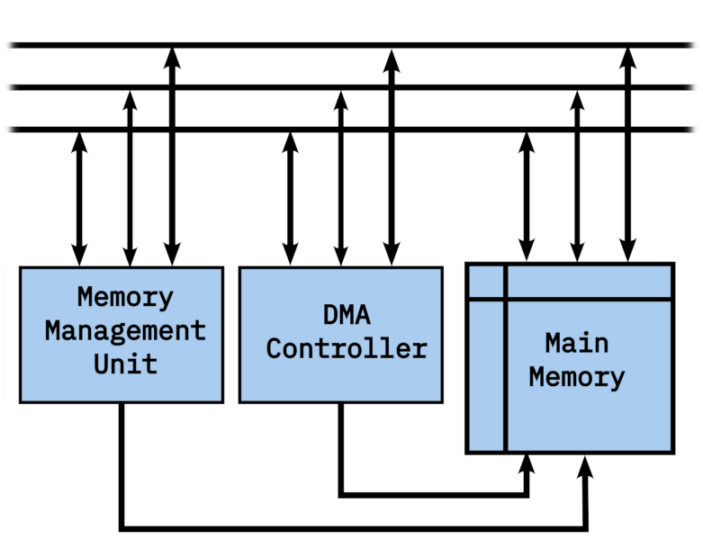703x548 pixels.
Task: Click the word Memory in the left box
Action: point(125,297)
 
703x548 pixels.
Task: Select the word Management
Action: point(125,330)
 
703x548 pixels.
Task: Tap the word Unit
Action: point(125,364)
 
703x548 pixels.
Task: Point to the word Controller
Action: point(347,348)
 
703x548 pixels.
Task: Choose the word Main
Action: point(577,343)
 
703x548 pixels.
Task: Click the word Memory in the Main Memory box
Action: point(577,376)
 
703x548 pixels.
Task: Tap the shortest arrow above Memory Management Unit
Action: point(79,198)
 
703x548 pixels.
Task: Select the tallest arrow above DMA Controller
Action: point(391,153)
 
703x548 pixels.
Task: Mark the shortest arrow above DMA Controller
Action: point(290,198)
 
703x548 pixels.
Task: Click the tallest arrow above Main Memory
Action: point(627,153)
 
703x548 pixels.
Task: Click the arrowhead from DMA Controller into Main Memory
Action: point(527,464)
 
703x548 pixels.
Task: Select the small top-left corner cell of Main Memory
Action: point(486,280)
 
